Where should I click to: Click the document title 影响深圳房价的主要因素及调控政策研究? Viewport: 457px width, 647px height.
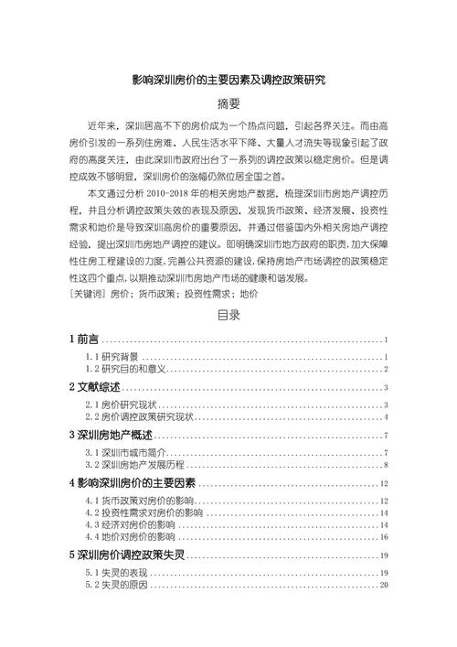click(x=228, y=81)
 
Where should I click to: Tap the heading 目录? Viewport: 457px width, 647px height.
click(x=228, y=317)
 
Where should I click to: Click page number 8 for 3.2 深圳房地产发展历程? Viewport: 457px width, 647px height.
click(x=387, y=465)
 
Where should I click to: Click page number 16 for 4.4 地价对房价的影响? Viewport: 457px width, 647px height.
click(x=385, y=539)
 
